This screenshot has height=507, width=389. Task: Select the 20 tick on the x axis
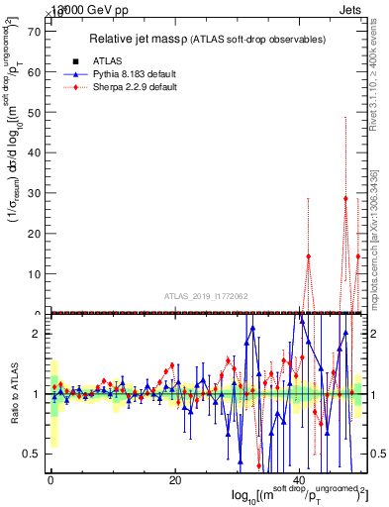(175, 481)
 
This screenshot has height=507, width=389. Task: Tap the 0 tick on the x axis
(50, 481)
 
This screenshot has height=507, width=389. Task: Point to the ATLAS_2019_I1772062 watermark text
(206, 296)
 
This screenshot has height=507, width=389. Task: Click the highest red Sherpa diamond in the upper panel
(345, 198)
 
